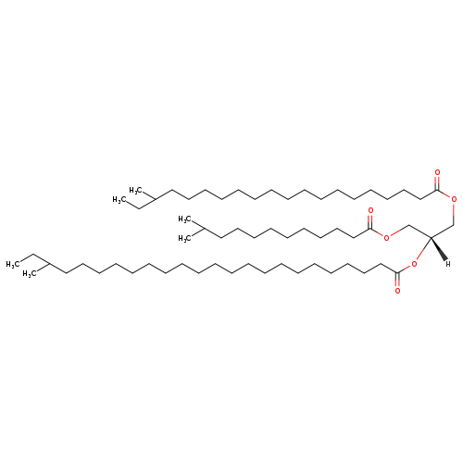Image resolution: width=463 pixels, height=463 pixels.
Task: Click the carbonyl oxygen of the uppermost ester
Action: [437, 172]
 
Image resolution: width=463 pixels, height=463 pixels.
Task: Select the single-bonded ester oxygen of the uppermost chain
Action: [454, 199]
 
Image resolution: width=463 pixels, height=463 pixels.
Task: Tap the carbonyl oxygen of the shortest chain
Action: [370, 210]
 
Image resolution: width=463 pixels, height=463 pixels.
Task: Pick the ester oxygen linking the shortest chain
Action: [385, 238]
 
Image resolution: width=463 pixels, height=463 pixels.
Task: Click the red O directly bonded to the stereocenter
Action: [414, 264]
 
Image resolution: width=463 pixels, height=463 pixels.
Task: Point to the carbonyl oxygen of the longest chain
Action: [397, 291]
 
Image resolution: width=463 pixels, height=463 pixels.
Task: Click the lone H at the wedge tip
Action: [448, 264]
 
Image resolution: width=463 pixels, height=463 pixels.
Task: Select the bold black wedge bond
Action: [438, 249]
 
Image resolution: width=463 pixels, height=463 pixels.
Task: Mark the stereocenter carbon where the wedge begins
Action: [431, 237]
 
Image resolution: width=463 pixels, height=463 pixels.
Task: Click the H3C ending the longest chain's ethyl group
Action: [13, 264]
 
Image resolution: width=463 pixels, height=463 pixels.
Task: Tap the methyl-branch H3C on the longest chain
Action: [30, 274]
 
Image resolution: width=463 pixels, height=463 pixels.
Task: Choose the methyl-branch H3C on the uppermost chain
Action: [136, 190]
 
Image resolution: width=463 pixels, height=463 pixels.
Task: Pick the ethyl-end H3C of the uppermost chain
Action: [119, 200]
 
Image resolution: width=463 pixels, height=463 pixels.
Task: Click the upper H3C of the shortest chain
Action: [185, 219]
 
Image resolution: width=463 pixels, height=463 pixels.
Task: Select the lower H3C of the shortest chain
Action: [185, 239]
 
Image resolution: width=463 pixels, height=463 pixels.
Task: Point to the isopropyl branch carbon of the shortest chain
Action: [204, 229]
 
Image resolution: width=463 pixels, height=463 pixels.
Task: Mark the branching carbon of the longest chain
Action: [49, 264]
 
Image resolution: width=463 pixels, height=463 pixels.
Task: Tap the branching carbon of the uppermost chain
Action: [155, 200]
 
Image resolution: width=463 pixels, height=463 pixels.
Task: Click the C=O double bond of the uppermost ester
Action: [437, 182]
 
